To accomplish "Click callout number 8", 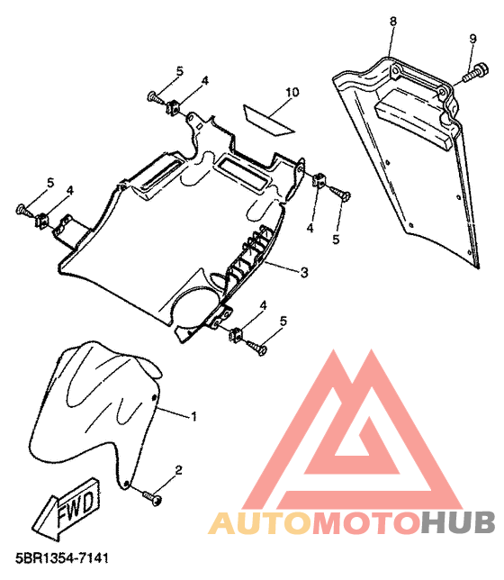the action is point(393,21).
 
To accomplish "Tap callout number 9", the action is point(472,39).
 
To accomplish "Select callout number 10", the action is point(292,92).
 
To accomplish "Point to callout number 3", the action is point(304,273).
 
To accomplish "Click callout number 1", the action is point(193,416).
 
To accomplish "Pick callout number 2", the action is point(178,470).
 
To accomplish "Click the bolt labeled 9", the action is point(476,72).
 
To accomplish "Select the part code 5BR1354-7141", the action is point(62,557).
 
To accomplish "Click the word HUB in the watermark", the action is point(458,523).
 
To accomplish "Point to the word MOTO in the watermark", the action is point(367,523).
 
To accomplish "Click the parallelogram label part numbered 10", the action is point(267,120).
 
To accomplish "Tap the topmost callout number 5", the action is point(180,71).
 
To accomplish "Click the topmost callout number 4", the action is point(204,80).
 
